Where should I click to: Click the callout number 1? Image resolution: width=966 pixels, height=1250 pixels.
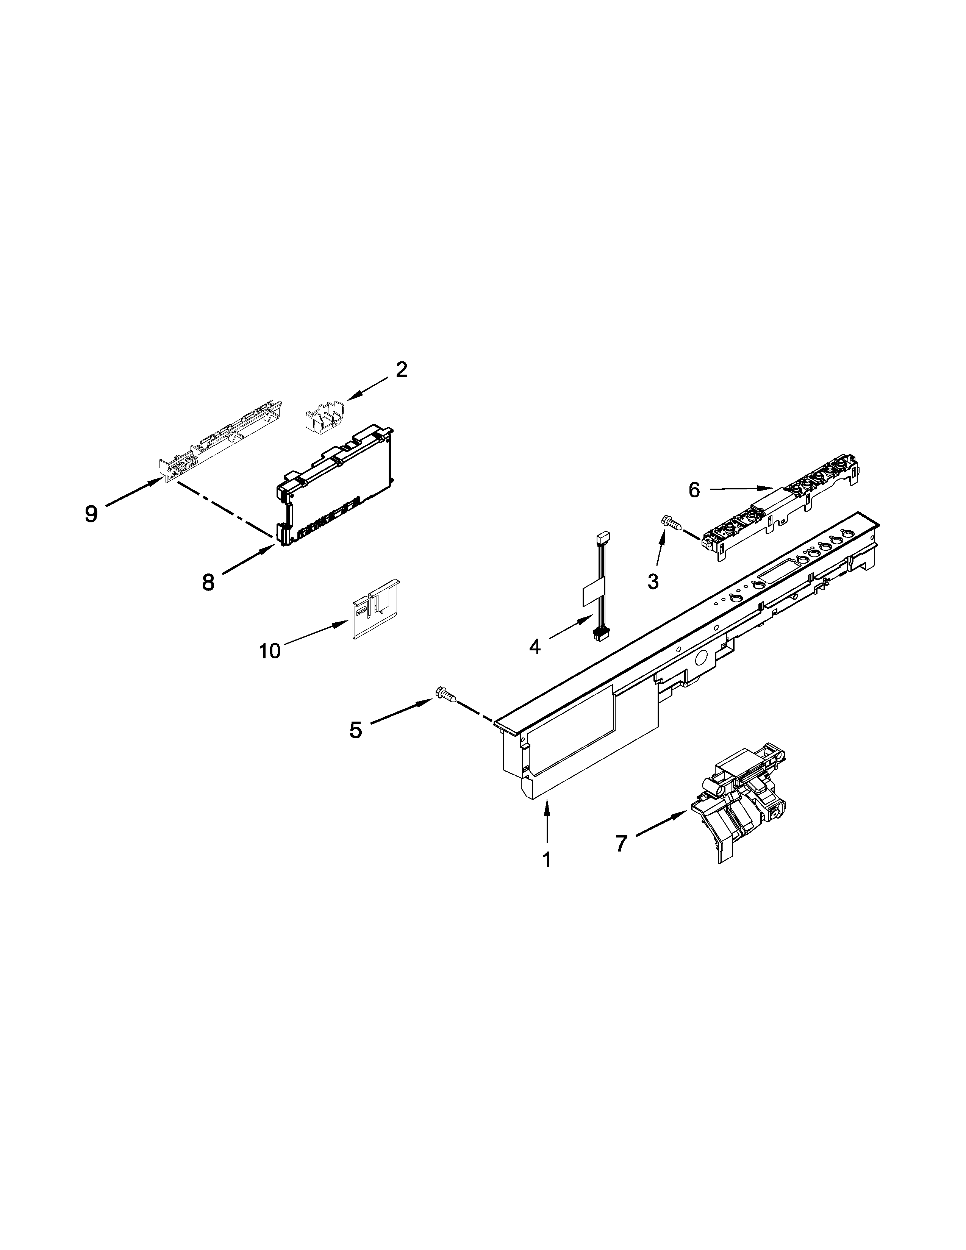547,876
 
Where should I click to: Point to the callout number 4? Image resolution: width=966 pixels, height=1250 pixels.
535,647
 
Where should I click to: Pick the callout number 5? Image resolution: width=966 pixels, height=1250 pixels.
356,730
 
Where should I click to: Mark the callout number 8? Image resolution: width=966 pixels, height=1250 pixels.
208,583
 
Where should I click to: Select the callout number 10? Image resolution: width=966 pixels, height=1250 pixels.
270,651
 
